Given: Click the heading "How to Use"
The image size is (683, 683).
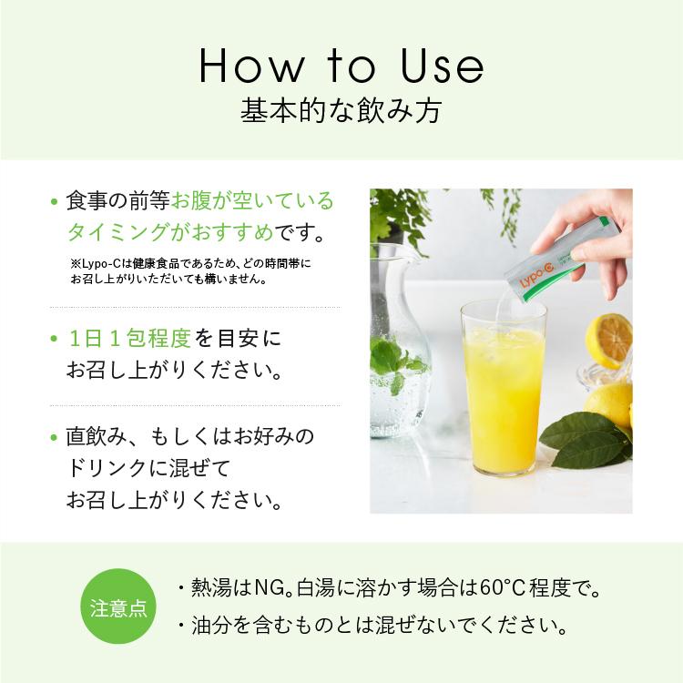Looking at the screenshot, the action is coord(341,66).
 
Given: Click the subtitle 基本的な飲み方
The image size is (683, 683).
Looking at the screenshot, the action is coord(341,110).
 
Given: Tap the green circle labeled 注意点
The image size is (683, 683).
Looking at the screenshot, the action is coord(118,607).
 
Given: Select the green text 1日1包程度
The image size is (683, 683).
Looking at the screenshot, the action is coord(130,339).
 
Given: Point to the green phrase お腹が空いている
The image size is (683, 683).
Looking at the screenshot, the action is coord(252,201).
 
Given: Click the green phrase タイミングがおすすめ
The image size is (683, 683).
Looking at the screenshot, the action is coord(170,231).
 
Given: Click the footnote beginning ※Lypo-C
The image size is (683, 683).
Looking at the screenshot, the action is coord(190,271).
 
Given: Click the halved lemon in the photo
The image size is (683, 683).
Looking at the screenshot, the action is coord(609,341).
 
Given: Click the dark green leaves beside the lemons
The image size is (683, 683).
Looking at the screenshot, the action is coord(586,440).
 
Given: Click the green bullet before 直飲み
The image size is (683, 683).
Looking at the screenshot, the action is coord(54,437).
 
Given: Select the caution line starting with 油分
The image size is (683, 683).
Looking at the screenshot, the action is coord(373,626).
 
